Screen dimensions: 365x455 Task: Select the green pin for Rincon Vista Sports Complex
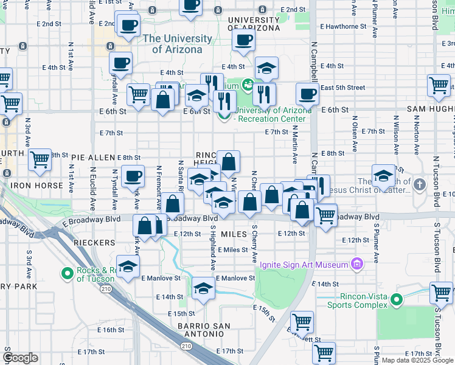click(397, 299)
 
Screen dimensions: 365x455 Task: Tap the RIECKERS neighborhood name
click(94, 243)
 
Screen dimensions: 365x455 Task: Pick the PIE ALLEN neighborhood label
click(92, 158)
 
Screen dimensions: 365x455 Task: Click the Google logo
click(21, 358)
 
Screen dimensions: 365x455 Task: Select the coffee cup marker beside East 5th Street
click(307, 94)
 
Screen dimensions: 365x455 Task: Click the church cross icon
click(419, 184)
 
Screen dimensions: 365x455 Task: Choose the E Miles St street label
click(232, 249)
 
